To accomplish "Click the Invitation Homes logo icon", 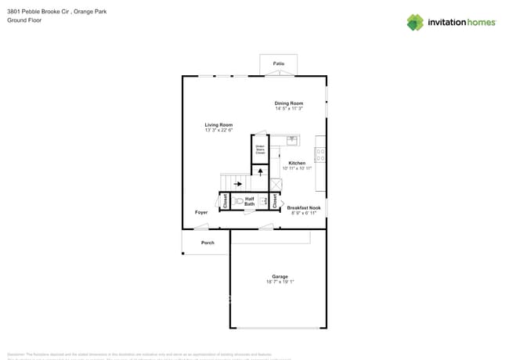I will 415,22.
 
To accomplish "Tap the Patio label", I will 279,63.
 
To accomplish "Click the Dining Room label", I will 288,103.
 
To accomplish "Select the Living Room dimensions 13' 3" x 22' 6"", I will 218,131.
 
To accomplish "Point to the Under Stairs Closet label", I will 260,149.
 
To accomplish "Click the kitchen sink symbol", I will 292,140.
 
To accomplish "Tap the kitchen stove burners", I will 320,154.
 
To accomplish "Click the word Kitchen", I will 297,163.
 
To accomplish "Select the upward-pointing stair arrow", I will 261,170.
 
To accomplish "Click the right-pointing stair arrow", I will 237,184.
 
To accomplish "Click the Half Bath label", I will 250,201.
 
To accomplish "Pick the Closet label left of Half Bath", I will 225,201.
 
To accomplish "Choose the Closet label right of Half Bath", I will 275,201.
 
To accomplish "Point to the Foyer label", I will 201,212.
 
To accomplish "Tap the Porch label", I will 208,243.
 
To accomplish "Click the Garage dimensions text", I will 280,281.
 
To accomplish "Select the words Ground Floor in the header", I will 23,21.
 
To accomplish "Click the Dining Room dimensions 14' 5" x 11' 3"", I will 288,109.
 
